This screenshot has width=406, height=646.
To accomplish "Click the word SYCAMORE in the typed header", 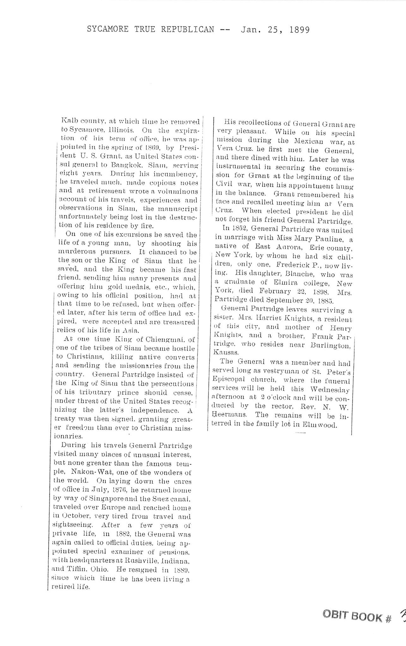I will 108,30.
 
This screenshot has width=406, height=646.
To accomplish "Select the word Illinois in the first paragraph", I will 121,130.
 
